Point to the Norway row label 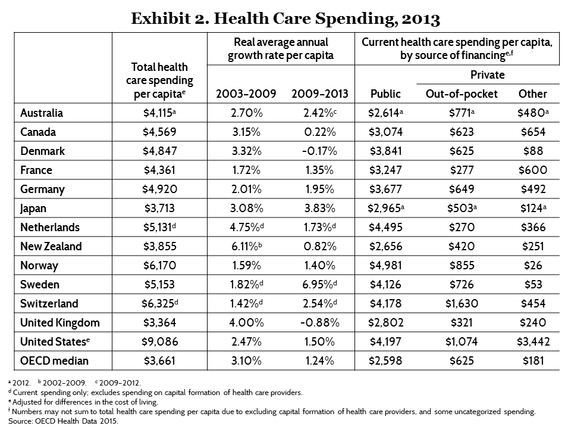coord(37,265)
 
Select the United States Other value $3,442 coord(532,341)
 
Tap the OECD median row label coord(54,360)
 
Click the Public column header coord(385,94)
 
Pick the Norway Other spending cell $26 coord(532,265)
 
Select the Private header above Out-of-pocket coord(487,75)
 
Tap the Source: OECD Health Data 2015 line coord(64,421)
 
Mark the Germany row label coord(42,189)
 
